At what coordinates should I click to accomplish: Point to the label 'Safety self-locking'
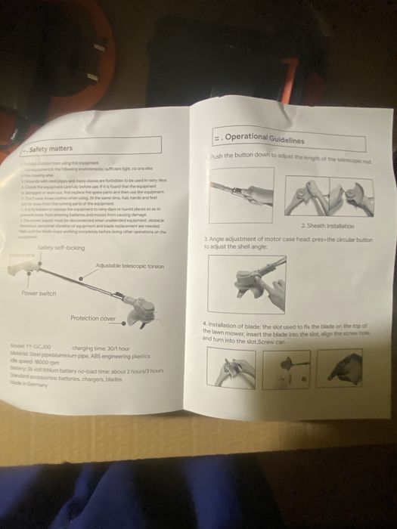click(x=61, y=248)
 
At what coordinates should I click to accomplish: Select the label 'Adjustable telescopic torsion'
click(x=130, y=267)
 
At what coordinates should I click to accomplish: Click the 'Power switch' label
click(x=40, y=292)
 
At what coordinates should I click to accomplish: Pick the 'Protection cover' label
click(x=93, y=318)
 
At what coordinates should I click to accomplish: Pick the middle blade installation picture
click(x=290, y=369)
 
